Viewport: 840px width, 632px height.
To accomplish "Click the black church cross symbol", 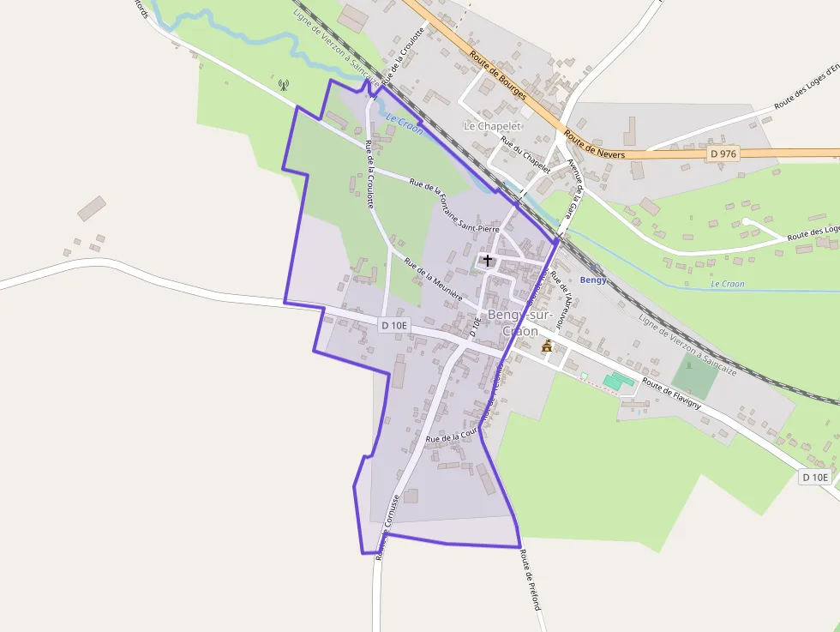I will coord(488,260).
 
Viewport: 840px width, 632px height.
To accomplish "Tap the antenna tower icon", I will coord(284,85).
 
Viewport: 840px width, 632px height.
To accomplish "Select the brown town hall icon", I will coord(547,346).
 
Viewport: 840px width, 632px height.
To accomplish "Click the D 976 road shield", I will coord(723,153).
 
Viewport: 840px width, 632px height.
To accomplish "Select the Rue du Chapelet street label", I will coord(525,156).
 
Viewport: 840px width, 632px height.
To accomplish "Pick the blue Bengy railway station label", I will coord(593,280).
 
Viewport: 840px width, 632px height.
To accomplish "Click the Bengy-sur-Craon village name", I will coord(514,322).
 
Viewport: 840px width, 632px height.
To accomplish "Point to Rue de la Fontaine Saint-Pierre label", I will coord(454,207).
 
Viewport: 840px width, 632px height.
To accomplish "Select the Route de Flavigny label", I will coord(673,394).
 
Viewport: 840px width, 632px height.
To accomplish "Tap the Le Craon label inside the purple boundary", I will coord(404,123).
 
